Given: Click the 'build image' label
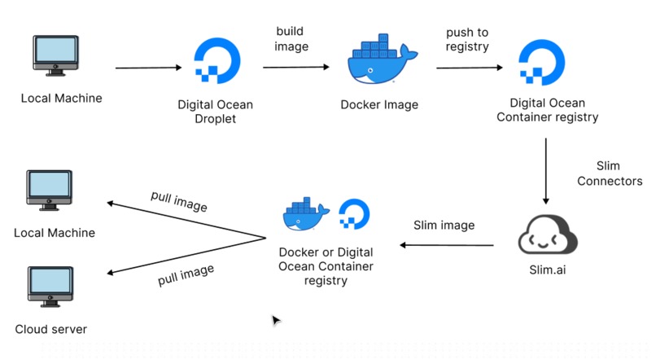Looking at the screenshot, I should [x=291, y=39].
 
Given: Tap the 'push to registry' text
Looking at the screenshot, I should [x=467, y=39].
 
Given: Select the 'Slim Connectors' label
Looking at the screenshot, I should [x=610, y=173].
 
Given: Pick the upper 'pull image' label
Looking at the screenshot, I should [x=179, y=201].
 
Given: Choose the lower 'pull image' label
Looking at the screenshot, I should [x=186, y=275].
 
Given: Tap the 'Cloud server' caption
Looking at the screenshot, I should [x=50, y=330].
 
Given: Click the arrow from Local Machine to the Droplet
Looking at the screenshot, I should [x=149, y=68].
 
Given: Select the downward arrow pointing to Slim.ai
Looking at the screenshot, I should [x=545, y=170].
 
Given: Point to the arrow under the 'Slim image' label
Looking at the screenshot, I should [x=447, y=244].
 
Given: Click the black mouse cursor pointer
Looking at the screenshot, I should [x=276, y=320].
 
